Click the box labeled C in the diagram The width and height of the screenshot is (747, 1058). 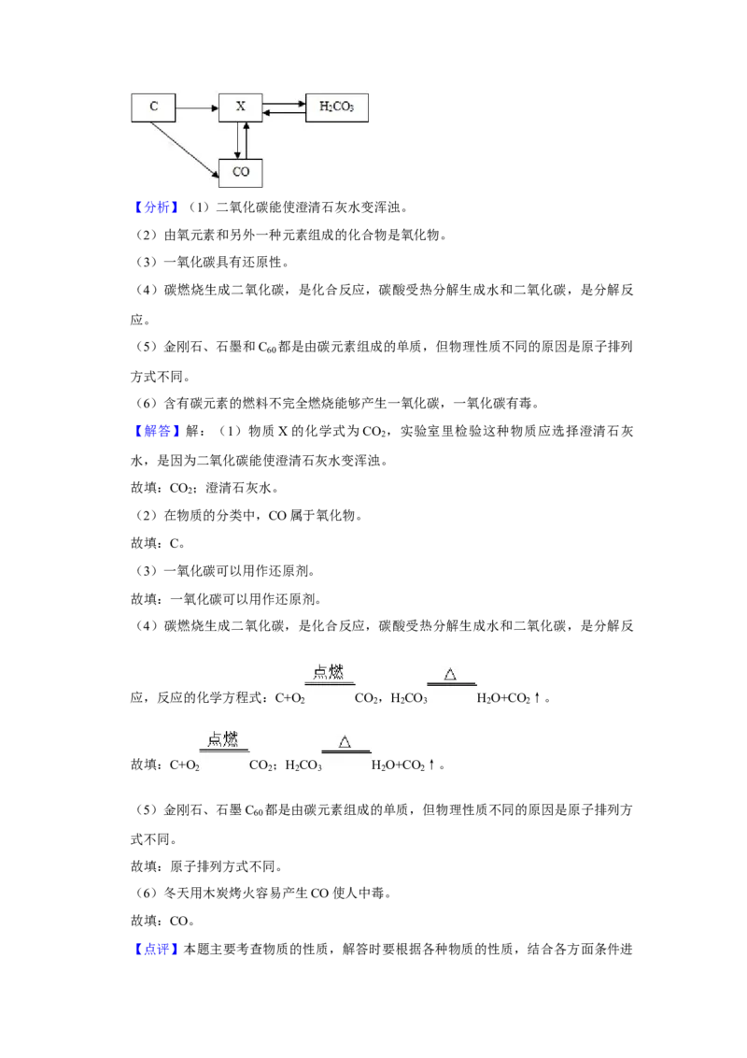click(153, 107)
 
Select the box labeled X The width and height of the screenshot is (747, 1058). click(241, 107)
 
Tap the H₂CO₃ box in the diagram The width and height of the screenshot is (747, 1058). click(337, 107)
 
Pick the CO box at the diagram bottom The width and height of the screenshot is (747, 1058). click(241, 173)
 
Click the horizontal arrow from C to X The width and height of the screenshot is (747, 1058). click(198, 107)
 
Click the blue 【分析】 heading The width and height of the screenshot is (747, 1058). click(156, 207)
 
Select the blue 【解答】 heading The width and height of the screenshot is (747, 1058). click(156, 431)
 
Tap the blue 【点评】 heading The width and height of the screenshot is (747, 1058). click(156, 950)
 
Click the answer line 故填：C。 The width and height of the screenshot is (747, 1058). click(158, 543)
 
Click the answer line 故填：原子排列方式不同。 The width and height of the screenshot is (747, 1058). click(206, 866)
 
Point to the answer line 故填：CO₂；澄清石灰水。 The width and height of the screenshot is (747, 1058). click(204, 488)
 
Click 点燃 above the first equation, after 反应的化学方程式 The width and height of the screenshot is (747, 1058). click(329, 672)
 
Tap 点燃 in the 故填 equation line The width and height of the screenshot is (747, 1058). click(223, 739)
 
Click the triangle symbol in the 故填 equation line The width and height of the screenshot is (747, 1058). click(345, 742)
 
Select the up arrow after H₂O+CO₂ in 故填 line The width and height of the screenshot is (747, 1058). click(431, 765)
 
